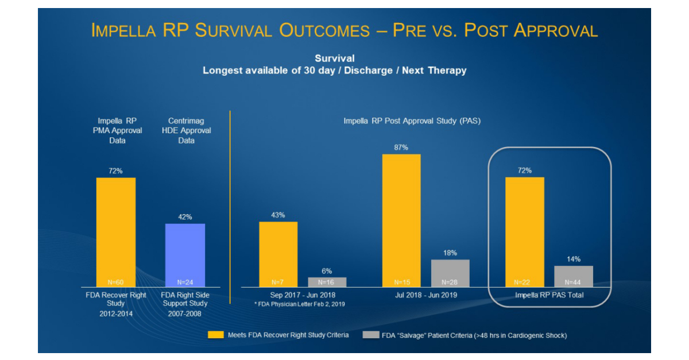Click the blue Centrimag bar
(x=185, y=255)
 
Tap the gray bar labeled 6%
(x=327, y=282)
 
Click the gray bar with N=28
(x=450, y=273)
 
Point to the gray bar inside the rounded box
(x=573, y=276)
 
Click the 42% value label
(x=185, y=217)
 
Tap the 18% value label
(x=450, y=253)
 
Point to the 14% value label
(x=573, y=259)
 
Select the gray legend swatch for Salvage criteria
(x=371, y=335)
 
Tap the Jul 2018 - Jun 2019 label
(x=425, y=295)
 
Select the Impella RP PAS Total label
(x=548, y=295)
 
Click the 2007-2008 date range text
(x=185, y=315)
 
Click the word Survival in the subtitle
(x=334, y=58)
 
